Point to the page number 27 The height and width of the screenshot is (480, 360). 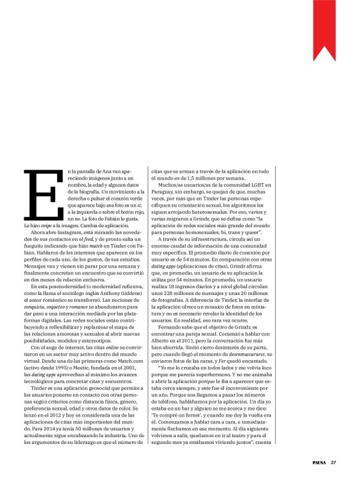(x=333, y=462)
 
